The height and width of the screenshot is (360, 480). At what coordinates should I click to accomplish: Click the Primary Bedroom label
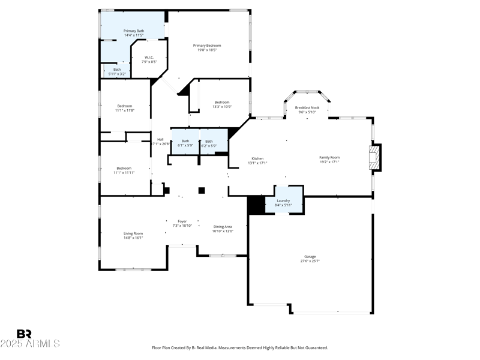[206, 46]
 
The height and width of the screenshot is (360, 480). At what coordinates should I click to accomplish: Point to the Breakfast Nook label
[307, 108]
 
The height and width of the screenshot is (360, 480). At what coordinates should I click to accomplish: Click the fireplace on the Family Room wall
[374, 157]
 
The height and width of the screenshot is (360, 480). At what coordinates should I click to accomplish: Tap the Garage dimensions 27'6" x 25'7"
[310, 261]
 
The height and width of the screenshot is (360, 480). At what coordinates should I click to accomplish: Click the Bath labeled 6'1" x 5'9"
[185, 143]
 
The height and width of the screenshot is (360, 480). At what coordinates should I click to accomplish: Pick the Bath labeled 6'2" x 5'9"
[209, 143]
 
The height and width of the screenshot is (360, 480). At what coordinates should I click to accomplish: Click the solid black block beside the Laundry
[257, 205]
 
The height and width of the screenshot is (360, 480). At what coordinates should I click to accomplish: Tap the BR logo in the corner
[25, 334]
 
